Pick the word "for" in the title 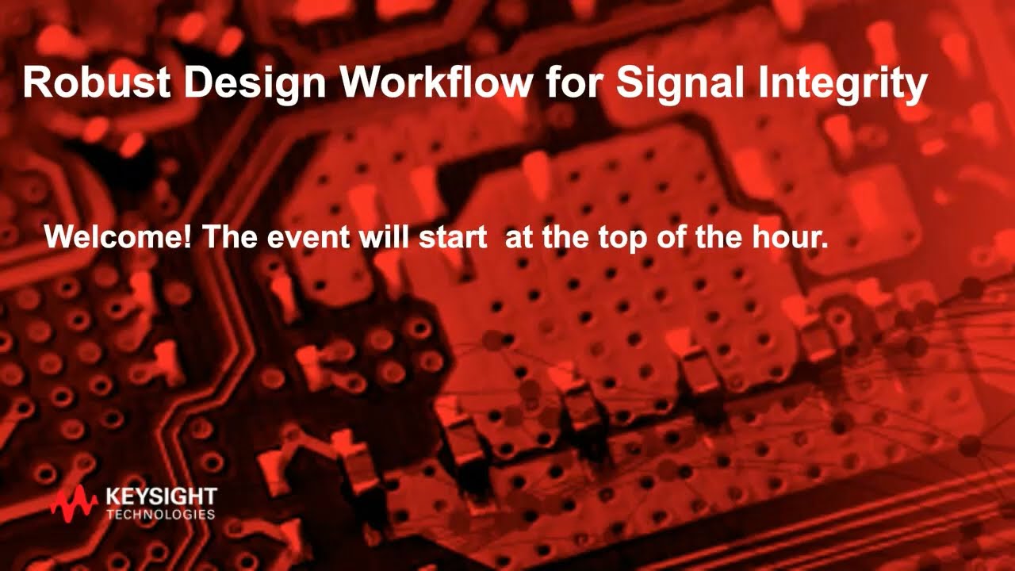click(575, 82)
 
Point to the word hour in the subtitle click(787, 237)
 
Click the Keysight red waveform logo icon click(75, 503)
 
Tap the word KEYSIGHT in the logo click(161, 497)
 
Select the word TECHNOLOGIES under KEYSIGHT click(161, 514)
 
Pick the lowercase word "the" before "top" click(565, 237)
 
